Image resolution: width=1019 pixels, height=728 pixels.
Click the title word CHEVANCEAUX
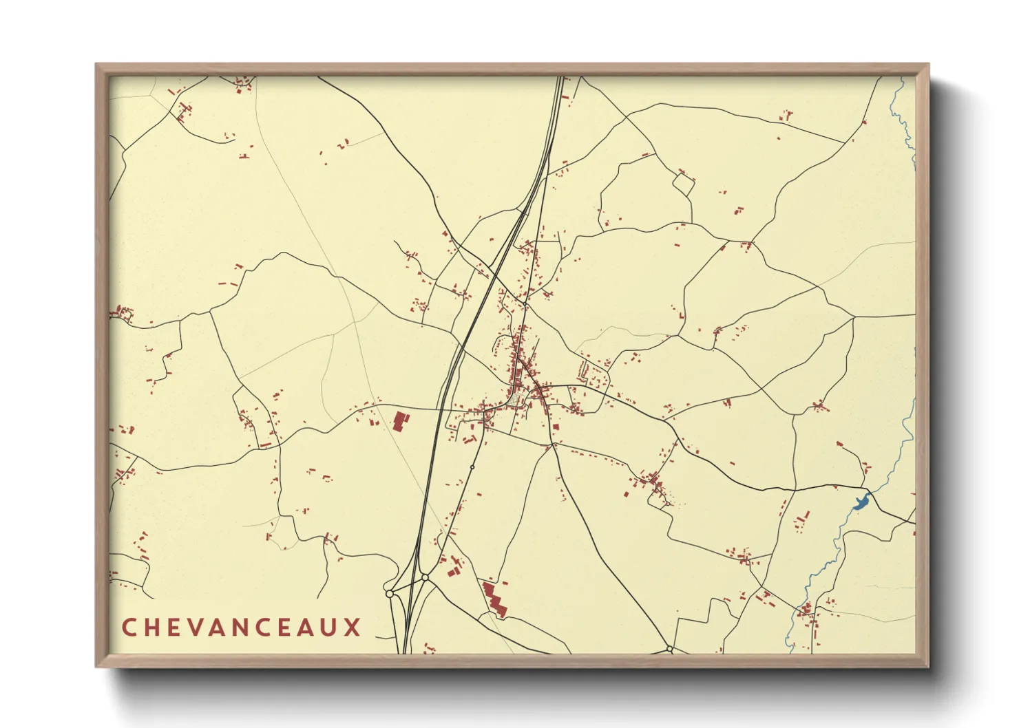pos(241,627)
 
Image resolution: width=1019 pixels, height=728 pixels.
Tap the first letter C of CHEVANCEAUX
pos(129,627)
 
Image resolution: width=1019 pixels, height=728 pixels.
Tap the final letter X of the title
pos(353,627)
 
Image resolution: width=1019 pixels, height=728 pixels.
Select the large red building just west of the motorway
pos(399,420)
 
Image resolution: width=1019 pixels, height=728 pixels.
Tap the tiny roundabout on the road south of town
pos(472,467)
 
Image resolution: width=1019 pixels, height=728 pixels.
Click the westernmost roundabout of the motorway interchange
pos(389,593)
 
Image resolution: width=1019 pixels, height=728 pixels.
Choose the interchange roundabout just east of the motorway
pos(425,578)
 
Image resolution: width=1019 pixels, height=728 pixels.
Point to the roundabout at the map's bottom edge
pos(669,648)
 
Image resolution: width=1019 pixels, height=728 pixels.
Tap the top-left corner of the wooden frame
pos(97,65)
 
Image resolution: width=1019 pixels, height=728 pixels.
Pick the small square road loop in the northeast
pos(684,184)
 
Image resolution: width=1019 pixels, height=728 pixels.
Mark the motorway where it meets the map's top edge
pos(560,78)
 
